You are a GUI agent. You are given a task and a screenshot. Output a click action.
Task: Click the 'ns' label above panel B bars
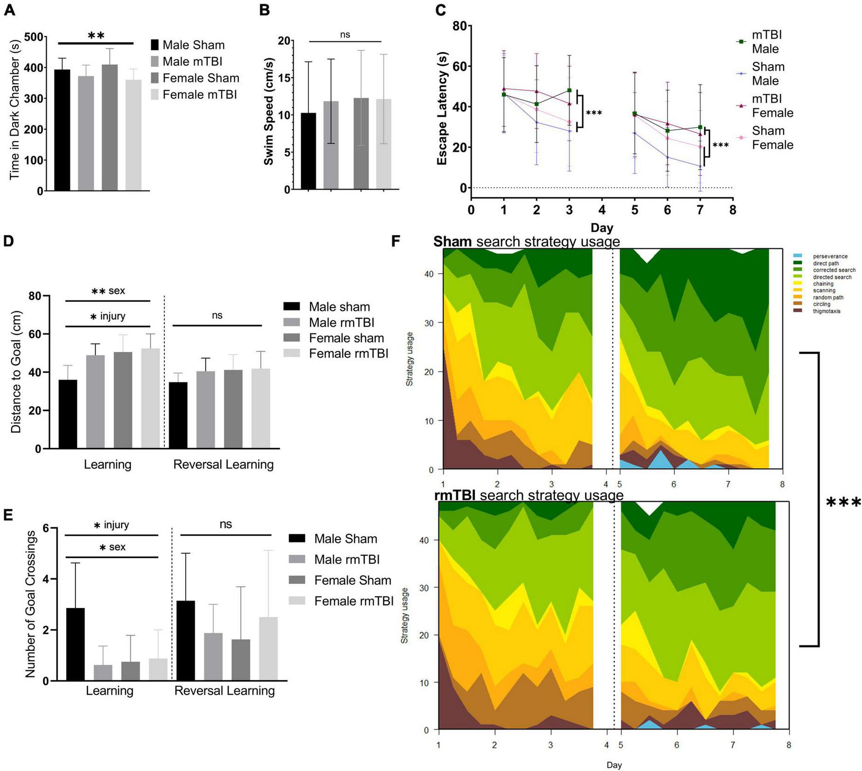[345, 35]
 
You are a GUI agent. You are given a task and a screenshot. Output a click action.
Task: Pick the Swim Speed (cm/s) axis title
[269, 112]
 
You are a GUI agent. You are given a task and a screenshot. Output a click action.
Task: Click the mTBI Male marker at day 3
[569, 90]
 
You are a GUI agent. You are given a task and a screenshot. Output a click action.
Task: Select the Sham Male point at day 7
[700, 166]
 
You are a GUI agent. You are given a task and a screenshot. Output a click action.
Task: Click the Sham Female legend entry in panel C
[772, 138]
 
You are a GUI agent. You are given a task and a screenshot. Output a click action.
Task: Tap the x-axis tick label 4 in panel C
[602, 210]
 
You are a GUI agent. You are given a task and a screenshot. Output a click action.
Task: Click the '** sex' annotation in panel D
[108, 291]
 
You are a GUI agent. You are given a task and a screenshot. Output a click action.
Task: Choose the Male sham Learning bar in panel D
[68, 414]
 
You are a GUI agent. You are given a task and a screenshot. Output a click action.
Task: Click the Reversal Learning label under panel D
[223, 464]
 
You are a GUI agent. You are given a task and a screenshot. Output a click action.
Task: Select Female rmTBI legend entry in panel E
[353, 601]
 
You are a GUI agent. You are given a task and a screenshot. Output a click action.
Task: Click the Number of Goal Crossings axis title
[30, 604]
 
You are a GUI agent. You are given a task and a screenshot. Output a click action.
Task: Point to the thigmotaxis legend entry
[826, 311]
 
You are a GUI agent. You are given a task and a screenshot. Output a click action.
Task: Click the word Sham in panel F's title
[452, 242]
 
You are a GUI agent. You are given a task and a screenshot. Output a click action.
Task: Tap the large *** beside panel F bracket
[843, 502]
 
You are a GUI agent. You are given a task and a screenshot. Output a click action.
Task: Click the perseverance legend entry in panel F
[829, 256]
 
